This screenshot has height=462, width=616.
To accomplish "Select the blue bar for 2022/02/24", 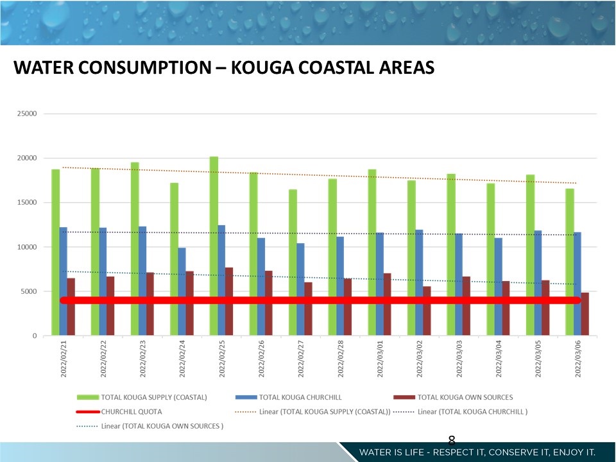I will pos(182,291).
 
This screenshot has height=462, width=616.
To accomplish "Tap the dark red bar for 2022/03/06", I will pos(585,314).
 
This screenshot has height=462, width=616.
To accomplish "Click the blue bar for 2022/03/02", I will pos(418,282).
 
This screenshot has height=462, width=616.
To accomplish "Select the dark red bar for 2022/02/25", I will pos(229,302).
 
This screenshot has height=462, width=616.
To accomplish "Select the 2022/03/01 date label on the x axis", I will pos(380,359).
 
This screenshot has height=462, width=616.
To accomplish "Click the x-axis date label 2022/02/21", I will pos(64,359).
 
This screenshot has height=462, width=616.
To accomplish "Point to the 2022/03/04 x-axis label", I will pos(499,359).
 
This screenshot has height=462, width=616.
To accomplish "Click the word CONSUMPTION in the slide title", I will pos(137,67).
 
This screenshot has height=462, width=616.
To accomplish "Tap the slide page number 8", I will pos(451,440).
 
